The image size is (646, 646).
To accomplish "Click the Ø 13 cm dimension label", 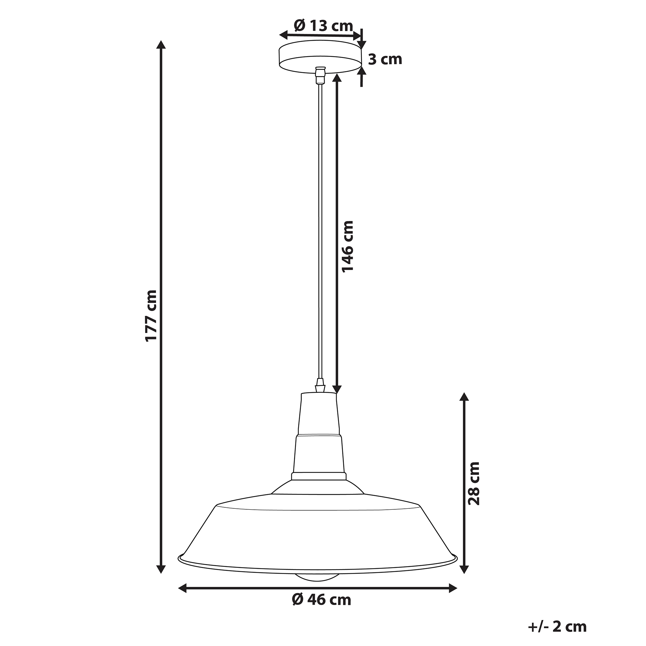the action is (x=323, y=26).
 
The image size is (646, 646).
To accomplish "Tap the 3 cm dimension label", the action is (x=385, y=59).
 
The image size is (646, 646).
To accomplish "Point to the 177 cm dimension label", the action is (x=151, y=316).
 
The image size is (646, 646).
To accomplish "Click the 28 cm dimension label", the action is (x=474, y=484).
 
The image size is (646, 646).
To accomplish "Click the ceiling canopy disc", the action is (x=320, y=57).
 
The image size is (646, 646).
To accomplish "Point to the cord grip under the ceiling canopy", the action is (x=320, y=75).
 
